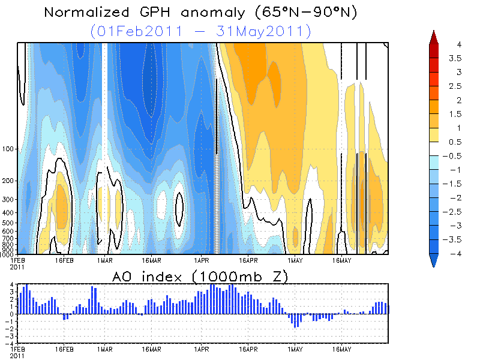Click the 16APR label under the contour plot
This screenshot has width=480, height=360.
click(x=248, y=260)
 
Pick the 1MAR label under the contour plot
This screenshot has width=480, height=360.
click(x=104, y=260)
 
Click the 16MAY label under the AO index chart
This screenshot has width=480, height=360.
click(x=341, y=347)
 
